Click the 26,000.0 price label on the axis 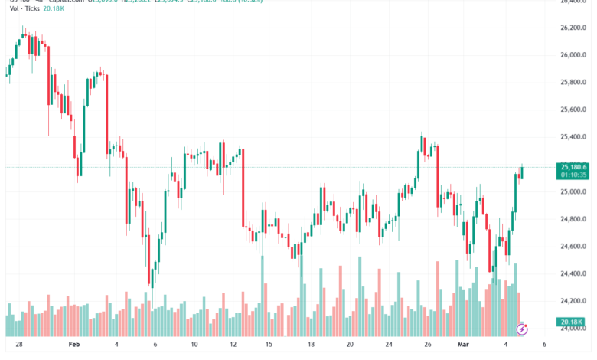tap(574, 55)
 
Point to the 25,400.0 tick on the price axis tap(574, 137)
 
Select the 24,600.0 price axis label tap(574, 247)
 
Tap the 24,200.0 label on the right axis tap(574, 301)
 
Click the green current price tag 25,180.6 tap(574, 166)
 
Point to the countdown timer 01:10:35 tap(574, 175)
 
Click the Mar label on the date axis tap(465, 345)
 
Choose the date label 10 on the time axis tap(194, 345)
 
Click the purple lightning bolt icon tap(523, 329)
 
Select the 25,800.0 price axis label tap(574, 83)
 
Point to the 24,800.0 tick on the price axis tap(574, 220)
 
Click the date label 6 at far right tap(543, 345)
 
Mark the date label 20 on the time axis tap(349, 345)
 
